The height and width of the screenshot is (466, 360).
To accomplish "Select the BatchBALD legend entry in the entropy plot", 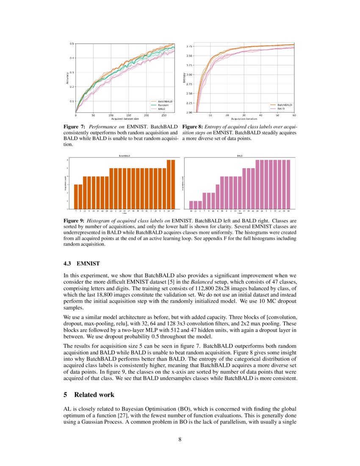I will click(x=284, y=105).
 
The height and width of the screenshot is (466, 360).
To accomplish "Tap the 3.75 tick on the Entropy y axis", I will click(x=190, y=46).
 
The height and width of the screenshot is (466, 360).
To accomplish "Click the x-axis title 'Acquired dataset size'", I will click(x=125, y=119).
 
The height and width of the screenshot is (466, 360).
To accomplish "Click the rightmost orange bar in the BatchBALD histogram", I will click(x=173, y=184).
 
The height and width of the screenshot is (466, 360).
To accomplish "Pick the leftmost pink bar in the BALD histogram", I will click(x=191, y=205).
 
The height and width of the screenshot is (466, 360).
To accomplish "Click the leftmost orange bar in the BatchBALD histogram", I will click(x=76, y=197).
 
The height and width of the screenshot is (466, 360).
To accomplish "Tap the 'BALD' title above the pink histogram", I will click(x=240, y=156).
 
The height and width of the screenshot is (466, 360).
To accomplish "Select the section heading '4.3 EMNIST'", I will click(x=81, y=264).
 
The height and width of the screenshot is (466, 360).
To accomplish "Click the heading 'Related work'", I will click(x=94, y=394).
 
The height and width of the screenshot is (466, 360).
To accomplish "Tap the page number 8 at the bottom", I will click(x=180, y=439).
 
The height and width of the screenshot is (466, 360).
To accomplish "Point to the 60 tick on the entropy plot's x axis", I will click(x=294, y=115).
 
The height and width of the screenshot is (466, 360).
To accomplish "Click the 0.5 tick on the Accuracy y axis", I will click(x=72, y=44).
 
